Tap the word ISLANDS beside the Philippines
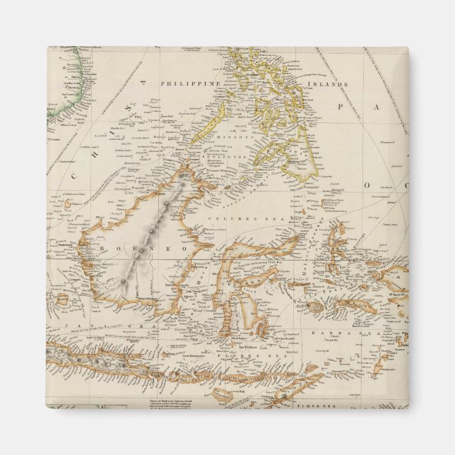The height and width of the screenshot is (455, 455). coord(332,84)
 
